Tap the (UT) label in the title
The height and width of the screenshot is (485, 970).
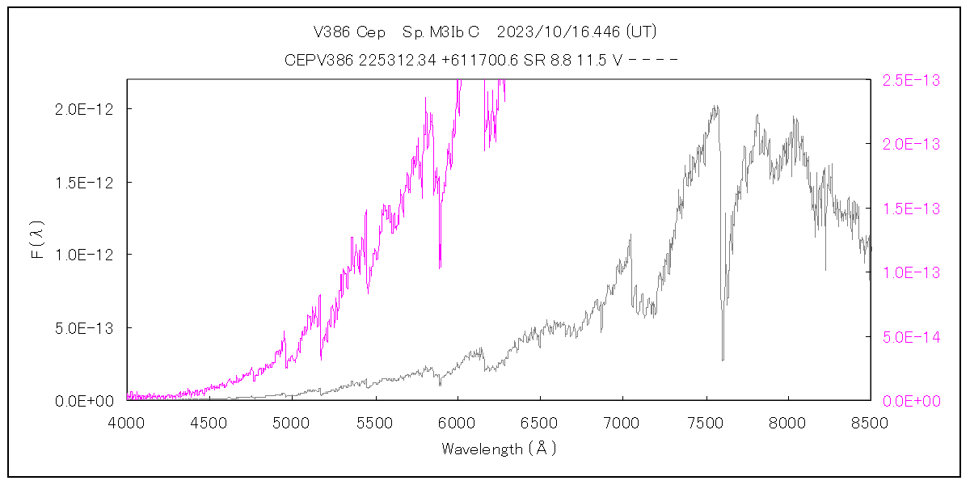tap(642, 32)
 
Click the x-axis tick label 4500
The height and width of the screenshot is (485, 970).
tap(209, 422)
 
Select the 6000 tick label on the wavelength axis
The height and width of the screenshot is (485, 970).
tap(458, 422)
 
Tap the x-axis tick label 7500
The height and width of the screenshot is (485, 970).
tap(705, 422)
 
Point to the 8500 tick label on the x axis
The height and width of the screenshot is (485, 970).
tap(870, 422)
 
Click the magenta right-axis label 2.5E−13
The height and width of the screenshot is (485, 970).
tap(910, 80)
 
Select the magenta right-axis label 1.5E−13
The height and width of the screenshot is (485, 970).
tap(910, 209)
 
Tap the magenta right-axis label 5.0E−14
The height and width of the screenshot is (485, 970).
tap(910, 336)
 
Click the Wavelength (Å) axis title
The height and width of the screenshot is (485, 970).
tap(499, 449)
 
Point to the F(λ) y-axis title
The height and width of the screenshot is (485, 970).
tap(36, 241)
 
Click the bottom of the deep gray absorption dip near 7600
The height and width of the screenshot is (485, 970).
tap(723, 359)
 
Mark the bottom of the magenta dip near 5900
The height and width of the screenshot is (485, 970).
tap(440, 267)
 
